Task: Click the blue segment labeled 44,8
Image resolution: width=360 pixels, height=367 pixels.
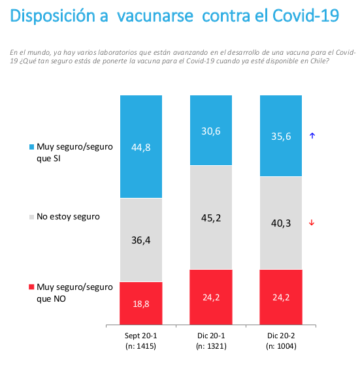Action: coord(140,146)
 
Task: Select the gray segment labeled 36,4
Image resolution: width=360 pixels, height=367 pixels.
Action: coord(140,240)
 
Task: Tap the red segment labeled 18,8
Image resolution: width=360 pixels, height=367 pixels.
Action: coord(140,302)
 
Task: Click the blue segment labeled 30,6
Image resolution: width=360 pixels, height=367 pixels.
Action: coord(210,130)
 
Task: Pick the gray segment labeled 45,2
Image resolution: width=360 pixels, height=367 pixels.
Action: coord(210,217)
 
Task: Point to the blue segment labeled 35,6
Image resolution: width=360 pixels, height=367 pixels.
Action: coord(280,135)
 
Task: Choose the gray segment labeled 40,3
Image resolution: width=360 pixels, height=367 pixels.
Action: coord(280,223)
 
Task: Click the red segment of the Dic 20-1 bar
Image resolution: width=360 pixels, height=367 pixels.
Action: coord(210,296)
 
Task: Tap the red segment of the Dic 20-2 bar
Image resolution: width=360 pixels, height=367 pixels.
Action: coord(280,296)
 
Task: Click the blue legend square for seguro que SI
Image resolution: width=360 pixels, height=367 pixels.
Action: coord(31,147)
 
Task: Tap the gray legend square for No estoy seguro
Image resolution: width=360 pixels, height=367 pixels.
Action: coord(31,216)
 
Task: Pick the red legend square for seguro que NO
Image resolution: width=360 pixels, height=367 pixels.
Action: coord(31,287)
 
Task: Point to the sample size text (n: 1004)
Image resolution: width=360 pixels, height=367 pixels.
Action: coord(280,346)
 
